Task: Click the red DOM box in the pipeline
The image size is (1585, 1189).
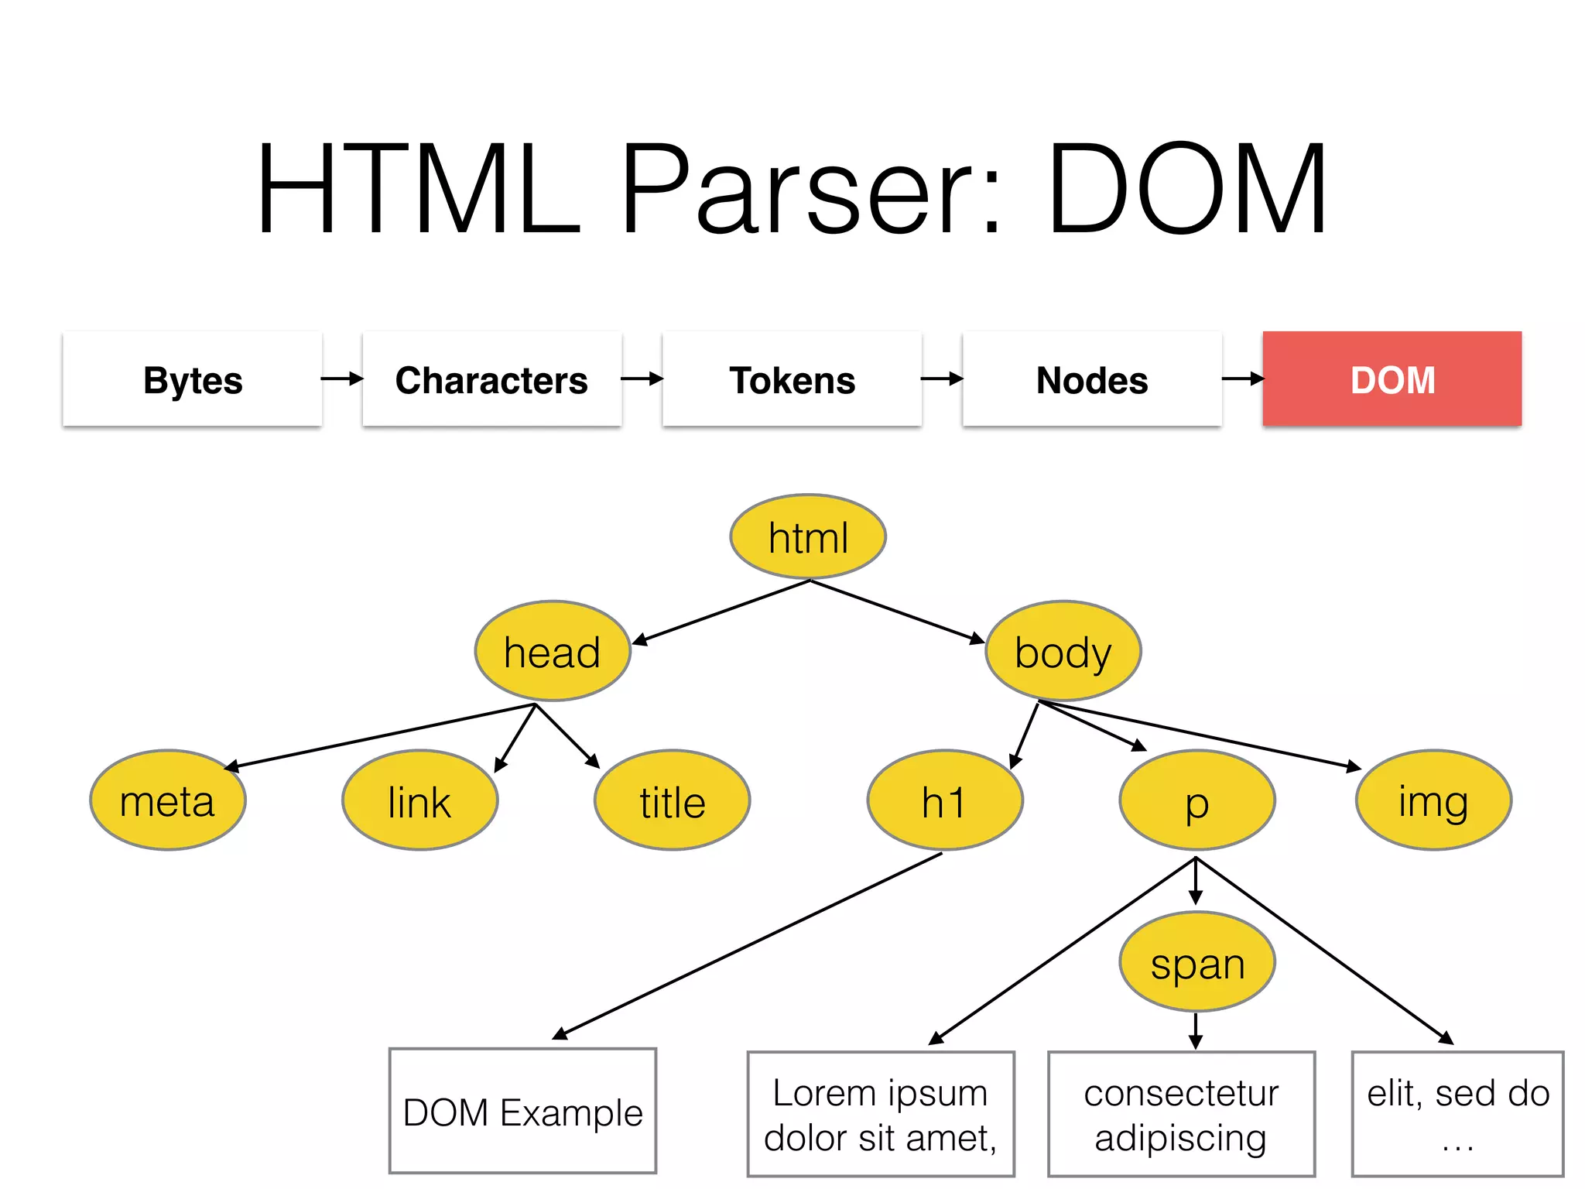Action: [x=1392, y=379]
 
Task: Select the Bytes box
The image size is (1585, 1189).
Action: [x=193, y=379]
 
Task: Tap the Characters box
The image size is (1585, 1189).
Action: [x=492, y=379]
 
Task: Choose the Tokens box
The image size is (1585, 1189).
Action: [x=792, y=379]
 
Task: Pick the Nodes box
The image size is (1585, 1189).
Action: [x=1092, y=379]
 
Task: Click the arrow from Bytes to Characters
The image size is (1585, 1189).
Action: [x=342, y=379]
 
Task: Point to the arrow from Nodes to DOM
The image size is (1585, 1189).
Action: [x=1242, y=379]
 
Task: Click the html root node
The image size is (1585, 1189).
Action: [x=808, y=537]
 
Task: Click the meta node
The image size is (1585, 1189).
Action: [x=168, y=800]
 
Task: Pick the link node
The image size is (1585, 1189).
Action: [x=419, y=800]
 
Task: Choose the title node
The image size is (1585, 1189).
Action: [x=672, y=800]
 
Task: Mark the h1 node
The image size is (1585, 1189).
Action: [x=945, y=800]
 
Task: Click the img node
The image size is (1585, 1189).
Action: [x=1433, y=800]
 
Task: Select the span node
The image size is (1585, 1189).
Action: [x=1197, y=963]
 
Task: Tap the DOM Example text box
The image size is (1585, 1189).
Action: [x=523, y=1112]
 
